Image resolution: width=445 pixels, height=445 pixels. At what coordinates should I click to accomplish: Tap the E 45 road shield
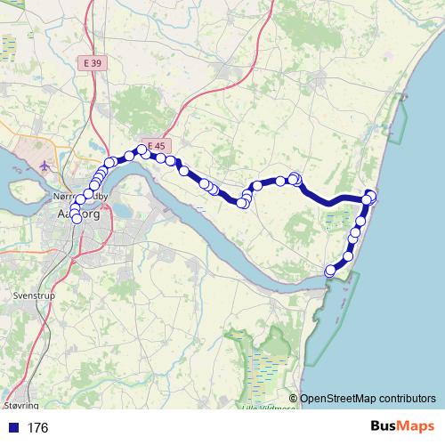pos(157,145)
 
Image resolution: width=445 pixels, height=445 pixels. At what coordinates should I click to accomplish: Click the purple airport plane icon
pos(44,165)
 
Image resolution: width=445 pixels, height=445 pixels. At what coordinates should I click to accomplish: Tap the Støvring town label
pos(21,380)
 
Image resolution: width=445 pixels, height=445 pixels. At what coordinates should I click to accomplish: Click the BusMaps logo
pos(401,426)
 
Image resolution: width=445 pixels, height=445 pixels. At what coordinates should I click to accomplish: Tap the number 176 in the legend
pos(38,428)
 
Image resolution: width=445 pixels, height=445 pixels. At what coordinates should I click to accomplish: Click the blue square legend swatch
pos(11,428)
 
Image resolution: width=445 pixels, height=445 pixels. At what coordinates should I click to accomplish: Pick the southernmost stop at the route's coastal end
pos(330,270)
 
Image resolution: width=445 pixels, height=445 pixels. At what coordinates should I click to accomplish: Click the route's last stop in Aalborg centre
pos(76,219)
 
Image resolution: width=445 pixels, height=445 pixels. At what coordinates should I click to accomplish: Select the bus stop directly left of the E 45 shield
pos(141,150)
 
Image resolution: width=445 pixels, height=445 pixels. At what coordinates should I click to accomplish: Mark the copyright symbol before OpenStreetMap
pos(294,399)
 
